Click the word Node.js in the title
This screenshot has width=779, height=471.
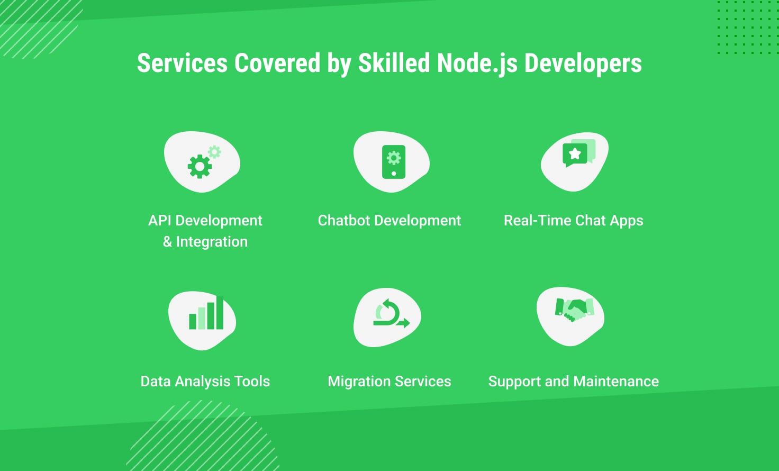477,64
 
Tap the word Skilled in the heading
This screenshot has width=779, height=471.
394,63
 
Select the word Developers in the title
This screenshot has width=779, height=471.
583,64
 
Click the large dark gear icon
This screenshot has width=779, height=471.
200,167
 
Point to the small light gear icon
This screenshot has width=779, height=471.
214,152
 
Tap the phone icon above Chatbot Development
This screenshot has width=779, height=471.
394,162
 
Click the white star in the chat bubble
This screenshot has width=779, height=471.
575,153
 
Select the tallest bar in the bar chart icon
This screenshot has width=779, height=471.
220,313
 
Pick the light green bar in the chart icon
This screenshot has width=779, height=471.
202,318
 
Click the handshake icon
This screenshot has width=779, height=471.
575,310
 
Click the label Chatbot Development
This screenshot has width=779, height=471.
389,221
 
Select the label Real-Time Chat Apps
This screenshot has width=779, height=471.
574,221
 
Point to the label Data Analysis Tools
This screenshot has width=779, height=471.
205,381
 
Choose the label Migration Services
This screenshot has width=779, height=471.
389,382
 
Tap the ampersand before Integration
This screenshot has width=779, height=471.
167,242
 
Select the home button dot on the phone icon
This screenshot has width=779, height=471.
394,173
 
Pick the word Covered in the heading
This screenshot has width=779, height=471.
277,63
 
